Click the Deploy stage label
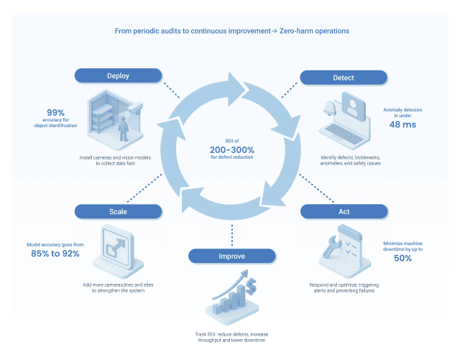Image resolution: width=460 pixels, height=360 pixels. click(x=118, y=76)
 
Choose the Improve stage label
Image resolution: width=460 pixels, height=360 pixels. click(x=231, y=256)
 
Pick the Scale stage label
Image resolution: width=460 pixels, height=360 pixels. click(x=118, y=211)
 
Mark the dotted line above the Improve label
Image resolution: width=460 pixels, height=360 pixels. click(x=231, y=234)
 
